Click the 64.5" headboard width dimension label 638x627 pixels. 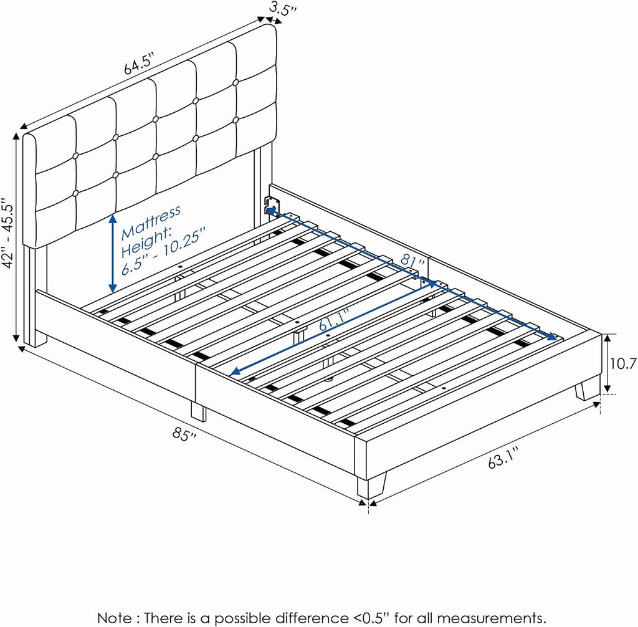(139, 64)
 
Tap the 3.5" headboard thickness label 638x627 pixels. (282, 9)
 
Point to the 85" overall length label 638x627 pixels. (184, 434)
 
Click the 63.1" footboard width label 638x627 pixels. (503, 457)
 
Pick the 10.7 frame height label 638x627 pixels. (623, 363)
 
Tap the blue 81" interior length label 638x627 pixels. (412, 259)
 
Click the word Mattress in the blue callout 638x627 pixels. (151, 223)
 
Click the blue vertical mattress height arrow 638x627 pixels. (113, 254)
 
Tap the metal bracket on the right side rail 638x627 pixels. (272, 205)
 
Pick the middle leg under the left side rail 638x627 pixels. (199, 412)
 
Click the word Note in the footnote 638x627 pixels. (115, 618)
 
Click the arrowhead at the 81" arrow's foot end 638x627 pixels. (552, 336)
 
